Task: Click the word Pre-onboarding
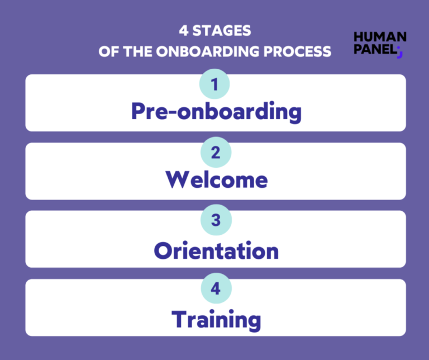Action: pyautogui.click(x=216, y=112)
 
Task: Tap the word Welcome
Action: pyautogui.click(x=216, y=180)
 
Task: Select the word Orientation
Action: pyautogui.click(x=216, y=251)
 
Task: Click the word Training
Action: pyautogui.click(x=216, y=319)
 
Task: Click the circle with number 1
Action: pyautogui.click(x=215, y=84)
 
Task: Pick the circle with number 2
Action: pyautogui.click(x=215, y=153)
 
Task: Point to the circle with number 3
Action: pyautogui.click(x=215, y=220)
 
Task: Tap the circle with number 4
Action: pyautogui.click(x=215, y=289)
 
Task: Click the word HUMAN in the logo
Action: pyautogui.click(x=380, y=37)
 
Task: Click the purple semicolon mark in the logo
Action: pyautogui.click(x=399, y=52)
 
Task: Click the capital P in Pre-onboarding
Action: pyautogui.click(x=139, y=111)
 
